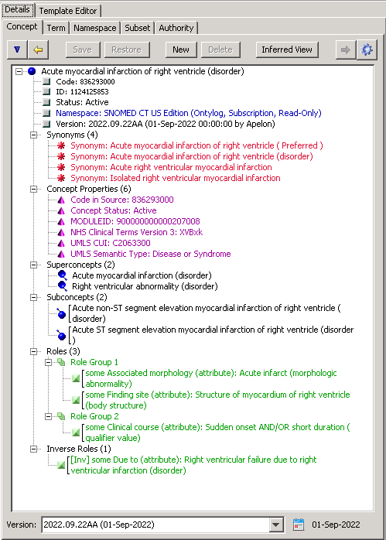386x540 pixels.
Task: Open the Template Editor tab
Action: pyautogui.click(x=68, y=11)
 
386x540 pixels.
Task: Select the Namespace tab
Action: pyautogui.click(x=94, y=28)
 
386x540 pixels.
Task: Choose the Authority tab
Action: pyautogui.click(x=176, y=28)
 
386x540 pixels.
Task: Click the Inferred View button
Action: pyautogui.click(x=287, y=50)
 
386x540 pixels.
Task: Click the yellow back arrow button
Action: pyautogui.click(x=38, y=50)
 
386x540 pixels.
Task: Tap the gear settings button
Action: pyautogui.click(x=367, y=50)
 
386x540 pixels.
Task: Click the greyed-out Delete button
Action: pyautogui.click(x=220, y=50)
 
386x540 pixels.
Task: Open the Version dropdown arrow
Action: pyautogui.click(x=275, y=525)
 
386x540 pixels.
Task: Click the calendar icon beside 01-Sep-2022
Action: pyautogui.click(x=298, y=525)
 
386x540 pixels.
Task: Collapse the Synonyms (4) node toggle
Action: pyautogui.click(x=34, y=135)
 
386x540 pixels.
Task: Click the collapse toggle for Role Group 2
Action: pyautogui.click(x=48, y=416)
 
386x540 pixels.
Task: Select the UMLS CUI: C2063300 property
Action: pyautogui.click(x=111, y=243)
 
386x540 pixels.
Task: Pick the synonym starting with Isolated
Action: pyautogui.click(x=176, y=178)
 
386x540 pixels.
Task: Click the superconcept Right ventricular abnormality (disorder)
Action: pyautogui.click(x=145, y=286)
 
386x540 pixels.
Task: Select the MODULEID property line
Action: pyautogui.click(x=135, y=221)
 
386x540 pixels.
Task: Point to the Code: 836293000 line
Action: pyautogui.click(x=85, y=82)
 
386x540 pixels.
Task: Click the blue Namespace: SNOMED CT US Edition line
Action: pyautogui.click(x=189, y=113)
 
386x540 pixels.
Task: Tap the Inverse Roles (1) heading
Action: pyautogui.click(x=79, y=449)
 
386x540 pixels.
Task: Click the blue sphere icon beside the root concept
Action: pyautogui.click(x=32, y=71)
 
